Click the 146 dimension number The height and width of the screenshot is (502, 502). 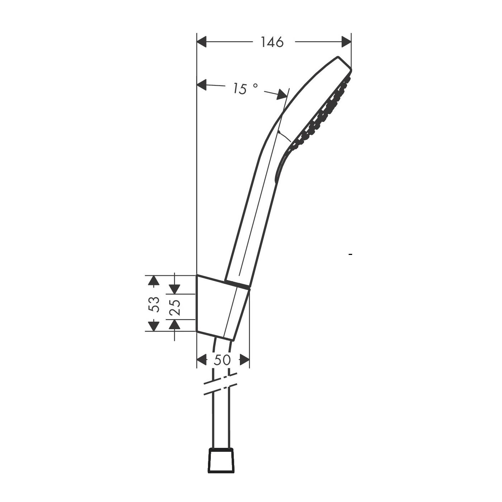(x=272, y=42)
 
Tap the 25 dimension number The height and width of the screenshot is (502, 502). (x=175, y=307)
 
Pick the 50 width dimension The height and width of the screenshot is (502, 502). (x=222, y=360)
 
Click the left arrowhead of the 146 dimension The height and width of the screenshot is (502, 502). (x=202, y=42)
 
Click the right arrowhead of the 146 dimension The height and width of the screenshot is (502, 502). (x=346, y=42)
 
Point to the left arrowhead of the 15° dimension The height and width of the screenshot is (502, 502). (x=202, y=85)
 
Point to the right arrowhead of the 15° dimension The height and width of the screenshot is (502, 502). (x=282, y=94)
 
